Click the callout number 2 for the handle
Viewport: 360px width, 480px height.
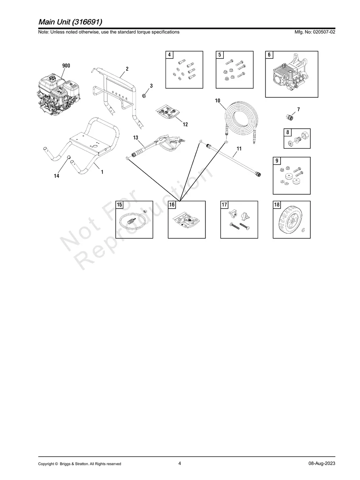click(x=127, y=69)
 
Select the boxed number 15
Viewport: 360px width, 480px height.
click(x=120, y=205)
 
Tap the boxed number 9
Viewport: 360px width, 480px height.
click(x=277, y=161)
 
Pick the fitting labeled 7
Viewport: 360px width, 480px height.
click(x=289, y=117)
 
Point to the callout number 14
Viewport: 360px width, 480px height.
click(x=56, y=176)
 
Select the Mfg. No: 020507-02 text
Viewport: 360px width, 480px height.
click(x=314, y=32)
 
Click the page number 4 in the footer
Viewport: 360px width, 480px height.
click(x=180, y=463)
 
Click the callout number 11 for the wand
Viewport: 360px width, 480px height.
click(x=239, y=149)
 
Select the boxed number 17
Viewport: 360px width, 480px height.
click(x=225, y=205)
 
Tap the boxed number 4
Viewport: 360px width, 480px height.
click(x=170, y=55)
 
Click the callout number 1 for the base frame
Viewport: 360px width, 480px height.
click(x=102, y=172)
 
